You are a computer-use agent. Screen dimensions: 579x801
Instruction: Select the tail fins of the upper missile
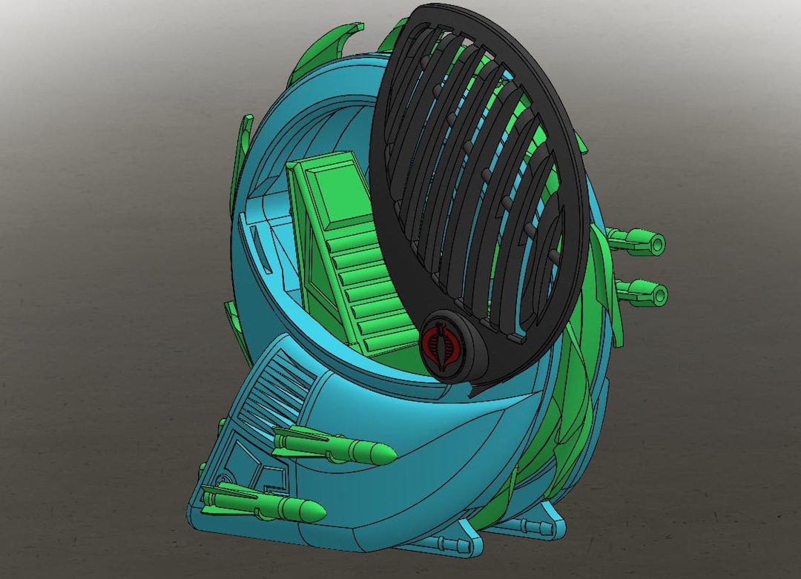click(x=286, y=440)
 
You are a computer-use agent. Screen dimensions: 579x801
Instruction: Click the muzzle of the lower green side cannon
click(x=659, y=294)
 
